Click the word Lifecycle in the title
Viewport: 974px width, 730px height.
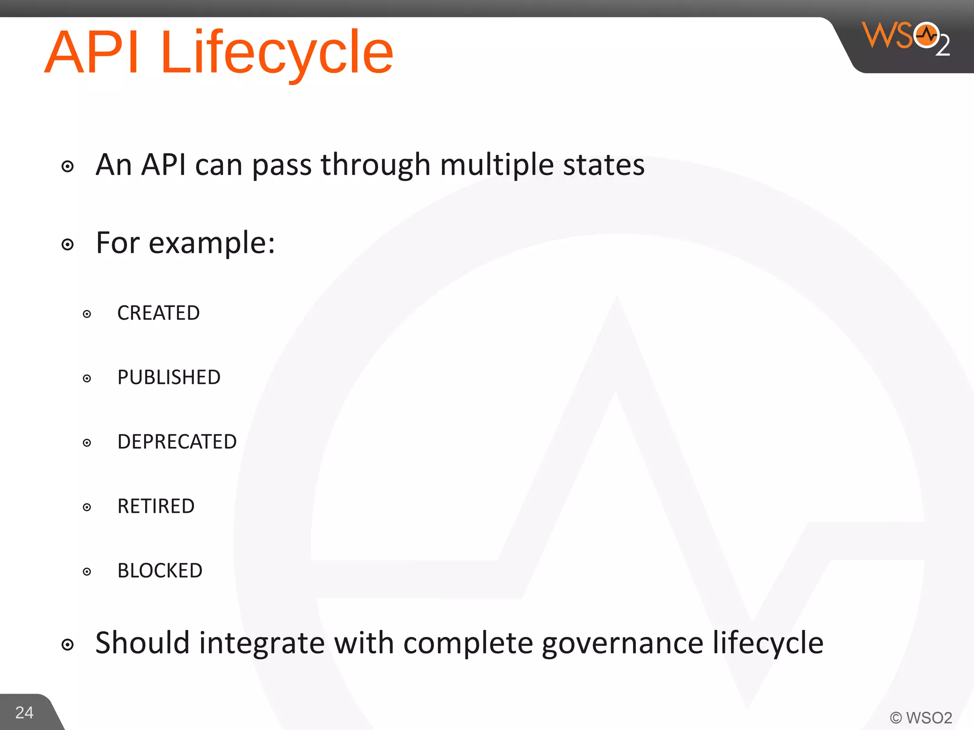[x=277, y=52]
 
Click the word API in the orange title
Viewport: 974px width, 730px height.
[x=93, y=52]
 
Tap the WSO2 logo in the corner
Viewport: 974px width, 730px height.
[x=906, y=38]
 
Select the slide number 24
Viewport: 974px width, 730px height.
[x=24, y=712]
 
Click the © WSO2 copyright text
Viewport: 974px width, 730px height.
[x=921, y=718]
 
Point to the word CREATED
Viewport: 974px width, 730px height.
[x=158, y=313]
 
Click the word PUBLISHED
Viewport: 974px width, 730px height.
[x=169, y=377]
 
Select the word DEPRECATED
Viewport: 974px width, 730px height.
[x=177, y=442]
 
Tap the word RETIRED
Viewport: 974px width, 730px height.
[x=156, y=506]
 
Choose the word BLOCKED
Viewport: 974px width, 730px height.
[x=160, y=571]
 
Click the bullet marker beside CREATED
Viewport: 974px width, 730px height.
[x=87, y=314]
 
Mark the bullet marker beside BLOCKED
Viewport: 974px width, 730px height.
[x=87, y=572]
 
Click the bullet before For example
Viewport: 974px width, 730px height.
[x=68, y=245]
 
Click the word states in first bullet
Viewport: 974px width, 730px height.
[x=604, y=165]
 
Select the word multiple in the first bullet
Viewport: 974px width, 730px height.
[x=497, y=165]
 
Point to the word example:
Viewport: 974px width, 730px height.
[x=212, y=243]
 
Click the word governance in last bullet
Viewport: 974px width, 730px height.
[x=622, y=644]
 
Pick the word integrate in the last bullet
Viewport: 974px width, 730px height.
[x=262, y=644]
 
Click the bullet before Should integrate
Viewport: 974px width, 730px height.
[x=68, y=645]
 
